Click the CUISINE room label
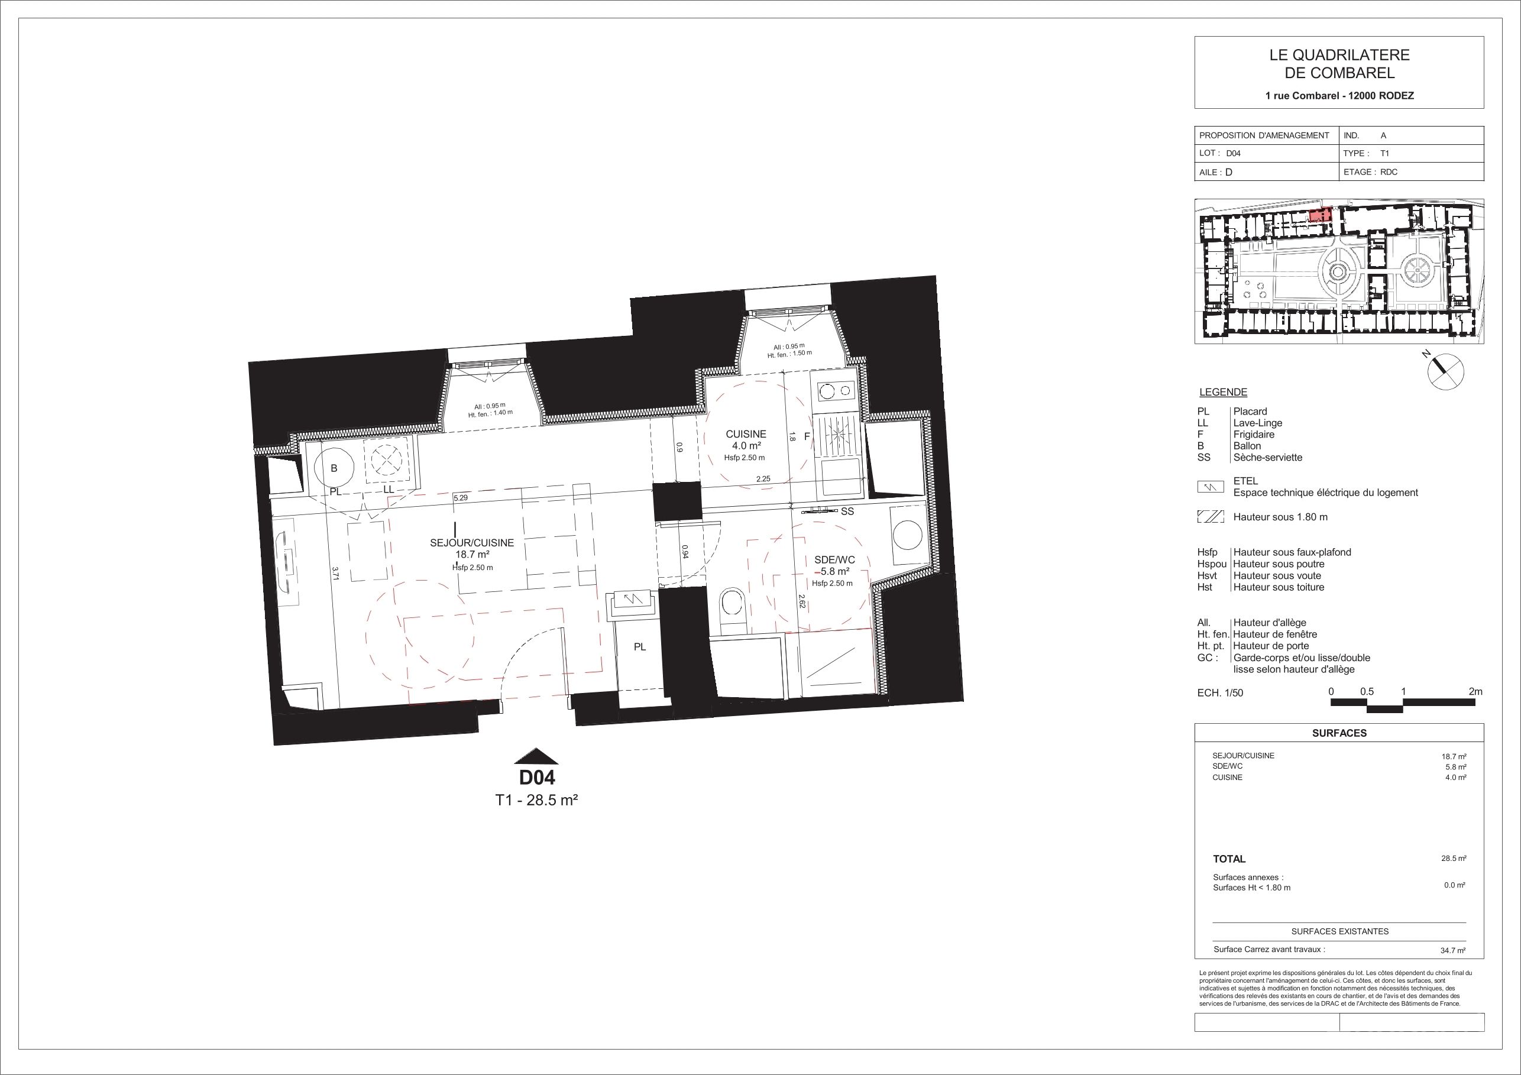[746, 434]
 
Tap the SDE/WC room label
[834, 560]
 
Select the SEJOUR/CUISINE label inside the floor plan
[472, 542]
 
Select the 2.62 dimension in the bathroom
[801, 601]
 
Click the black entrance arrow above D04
[536, 756]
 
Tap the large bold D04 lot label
[536, 777]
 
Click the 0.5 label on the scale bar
[1367, 691]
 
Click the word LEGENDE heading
[1224, 392]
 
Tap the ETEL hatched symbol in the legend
[1211, 487]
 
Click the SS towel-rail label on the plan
[847, 511]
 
